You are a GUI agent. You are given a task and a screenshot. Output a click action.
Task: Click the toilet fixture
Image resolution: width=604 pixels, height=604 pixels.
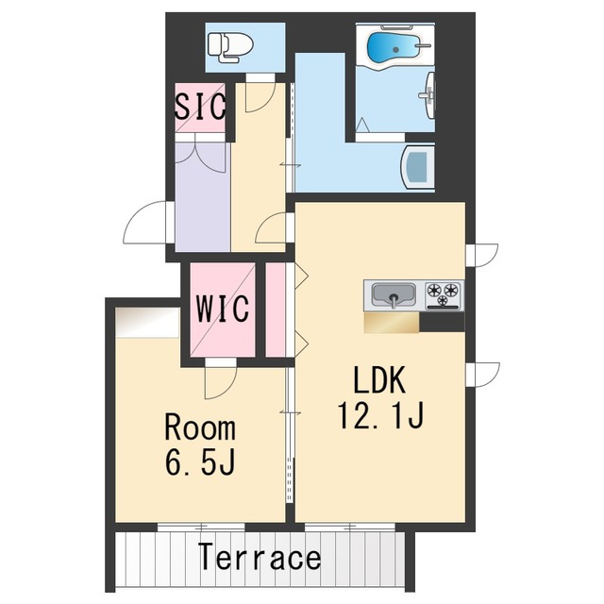(230, 46)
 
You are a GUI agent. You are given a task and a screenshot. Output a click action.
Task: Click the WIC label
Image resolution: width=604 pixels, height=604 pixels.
(223, 309)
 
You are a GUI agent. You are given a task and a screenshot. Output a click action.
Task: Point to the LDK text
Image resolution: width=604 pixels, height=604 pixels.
(379, 379)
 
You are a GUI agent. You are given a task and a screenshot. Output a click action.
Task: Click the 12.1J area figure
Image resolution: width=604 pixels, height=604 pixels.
(380, 415)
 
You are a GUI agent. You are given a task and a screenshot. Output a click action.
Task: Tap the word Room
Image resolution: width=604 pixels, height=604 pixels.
(200, 427)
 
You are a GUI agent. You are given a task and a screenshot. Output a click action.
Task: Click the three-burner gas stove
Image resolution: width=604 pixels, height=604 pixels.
(443, 295)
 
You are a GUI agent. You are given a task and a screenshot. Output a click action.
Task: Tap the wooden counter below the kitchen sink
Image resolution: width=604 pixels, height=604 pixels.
(392, 322)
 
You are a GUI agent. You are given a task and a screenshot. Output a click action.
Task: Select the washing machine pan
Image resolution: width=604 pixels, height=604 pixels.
(417, 168)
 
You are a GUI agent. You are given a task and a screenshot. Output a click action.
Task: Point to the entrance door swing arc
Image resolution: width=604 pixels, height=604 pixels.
(143, 223)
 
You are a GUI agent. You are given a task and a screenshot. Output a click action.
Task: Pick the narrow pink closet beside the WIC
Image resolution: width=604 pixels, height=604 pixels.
(276, 310)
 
